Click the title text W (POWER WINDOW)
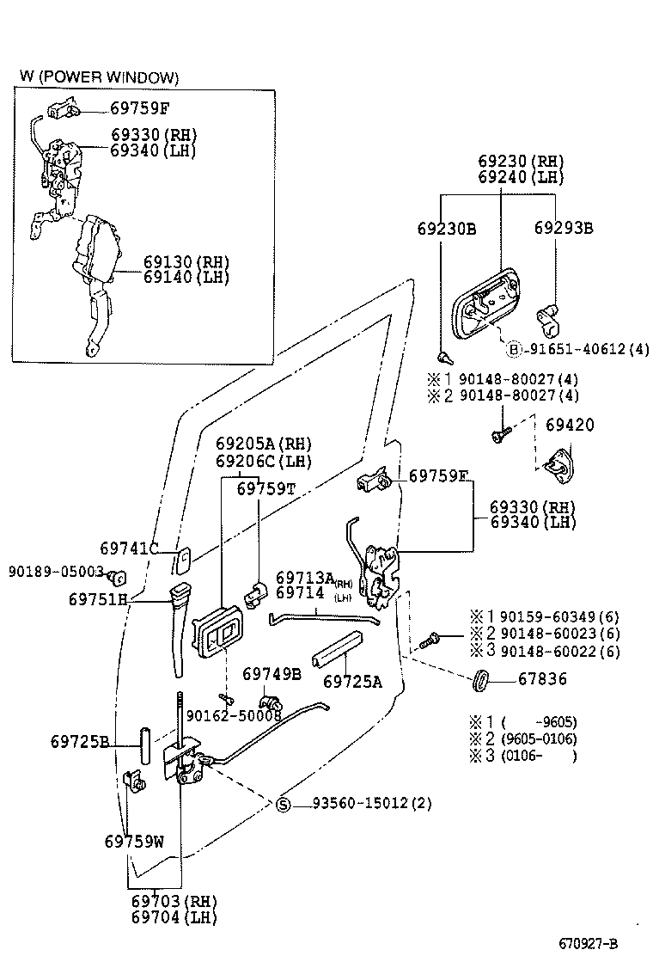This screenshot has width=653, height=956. tap(99, 78)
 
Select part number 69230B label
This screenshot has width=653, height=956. tap(446, 229)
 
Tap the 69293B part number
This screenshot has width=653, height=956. tap(563, 229)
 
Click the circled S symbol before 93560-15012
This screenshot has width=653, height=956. tap(284, 804)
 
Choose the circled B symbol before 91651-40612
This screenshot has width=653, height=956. tap(514, 349)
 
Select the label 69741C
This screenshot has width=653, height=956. tap(129, 548)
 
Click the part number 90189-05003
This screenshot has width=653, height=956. tap(56, 571)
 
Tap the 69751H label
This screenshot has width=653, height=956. tap(98, 598)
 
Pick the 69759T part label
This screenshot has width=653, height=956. tap(266, 488)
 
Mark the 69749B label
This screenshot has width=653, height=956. tap(271, 673)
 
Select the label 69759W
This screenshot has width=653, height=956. tap(134, 841)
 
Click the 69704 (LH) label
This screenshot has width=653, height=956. tap(174, 916)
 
